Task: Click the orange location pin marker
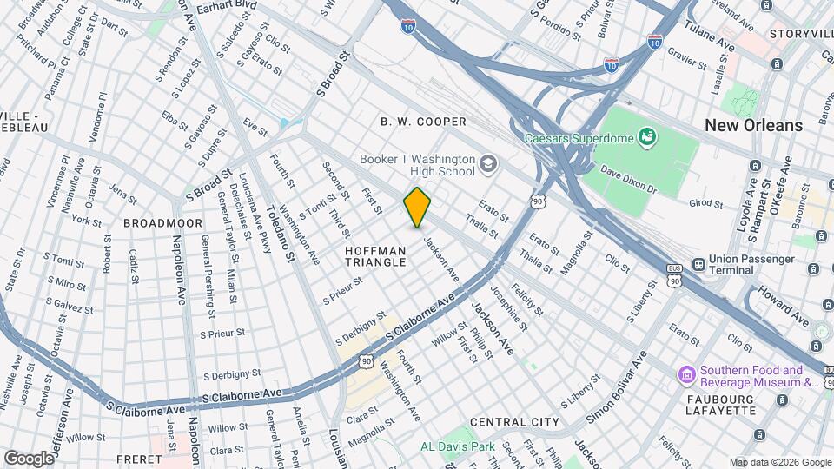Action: pos(418,208)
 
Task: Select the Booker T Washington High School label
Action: pos(417,166)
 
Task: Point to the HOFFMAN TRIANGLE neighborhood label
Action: pos(375,255)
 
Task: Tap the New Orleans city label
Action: pos(753,125)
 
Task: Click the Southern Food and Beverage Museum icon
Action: pos(686,375)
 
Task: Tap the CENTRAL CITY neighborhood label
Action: pos(514,422)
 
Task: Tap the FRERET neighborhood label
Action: pos(131,459)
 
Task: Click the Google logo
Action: pos(28,458)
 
